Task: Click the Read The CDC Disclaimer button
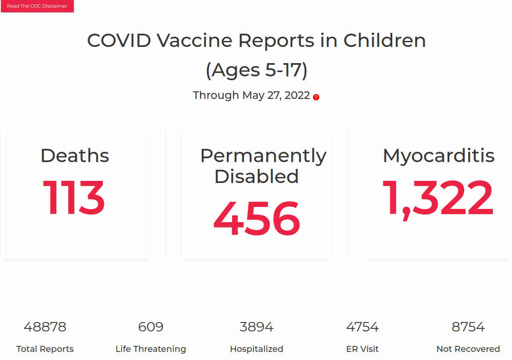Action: pyautogui.click(x=37, y=6)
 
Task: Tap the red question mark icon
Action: pyautogui.click(x=316, y=97)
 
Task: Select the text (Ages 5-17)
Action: pyautogui.click(x=256, y=70)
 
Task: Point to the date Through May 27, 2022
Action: pyautogui.click(x=251, y=95)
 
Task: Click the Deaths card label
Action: pyautogui.click(x=75, y=156)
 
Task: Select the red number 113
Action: pyautogui.click(x=73, y=197)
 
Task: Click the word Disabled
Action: pyautogui.click(x=256, y=176)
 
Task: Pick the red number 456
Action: pyautogui.click(x=256, y=218)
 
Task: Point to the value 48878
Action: pyautogui.click(x=45, y=327)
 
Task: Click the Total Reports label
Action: pyautogui.click(x=45, y=349)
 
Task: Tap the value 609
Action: pyautogui.click(x=151, y=327)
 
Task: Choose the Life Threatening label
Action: pyautogui.click(x=151, y=349)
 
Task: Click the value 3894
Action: pyautogui.click(x=256, y=327)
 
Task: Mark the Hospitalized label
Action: pyautogui.click(x=256, y=349)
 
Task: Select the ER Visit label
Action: pyautogui.click(x=362, y=349)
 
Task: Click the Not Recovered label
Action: pyautogui.click(x=468, y=349)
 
